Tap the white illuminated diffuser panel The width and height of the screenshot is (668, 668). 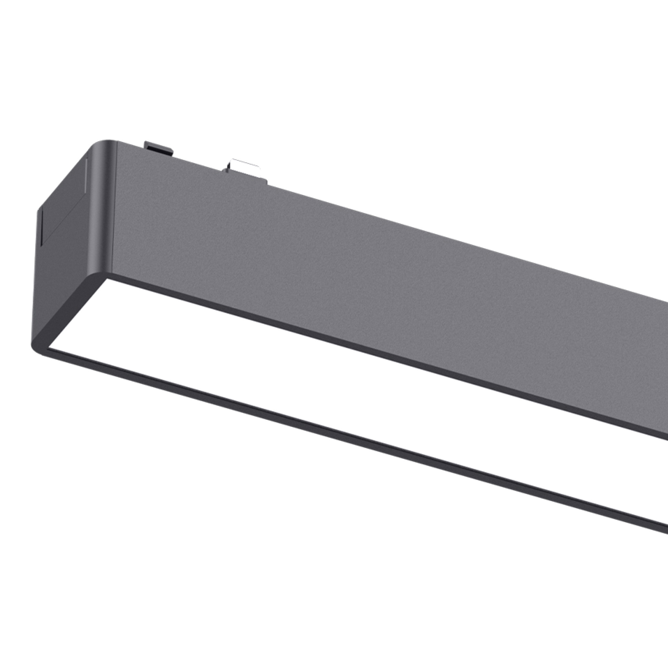pyautogui.click(x=311, y=363)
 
